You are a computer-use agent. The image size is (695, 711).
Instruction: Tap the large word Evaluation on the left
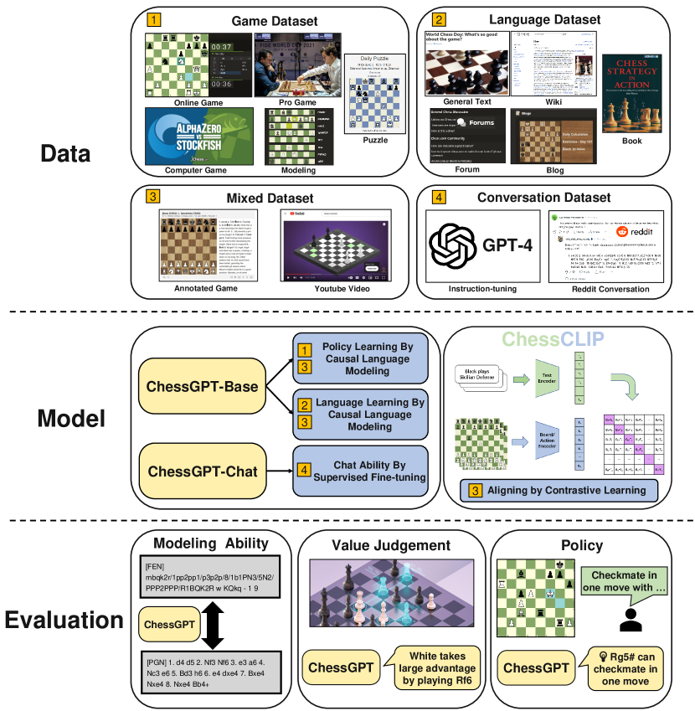point(65,621)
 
